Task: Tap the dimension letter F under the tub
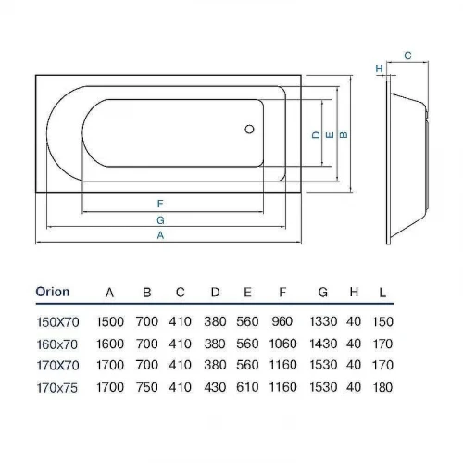click(x=160, y=204)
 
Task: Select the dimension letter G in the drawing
click(x=160, y=220)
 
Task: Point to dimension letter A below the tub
click(x=160, y=235)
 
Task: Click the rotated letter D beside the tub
click(x=316, y=135)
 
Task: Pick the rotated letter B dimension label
click(x=344, y=135)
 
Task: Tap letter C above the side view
click(x=407, y=56)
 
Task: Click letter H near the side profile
click(x=379, y=69)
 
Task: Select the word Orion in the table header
click(x=53, y=292)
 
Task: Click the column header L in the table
click(x=382, y=293)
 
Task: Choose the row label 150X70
click(x=58, y=322)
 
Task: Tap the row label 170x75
click(x=57, y=388)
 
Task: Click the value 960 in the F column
click(x=282, y=321)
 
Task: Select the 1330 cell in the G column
click(x=323, y=321)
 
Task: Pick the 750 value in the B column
click(x=147, y=387)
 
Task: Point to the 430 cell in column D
click(x=215, y=387)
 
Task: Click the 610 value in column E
click(x=247, y=387)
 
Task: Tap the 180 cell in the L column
click(x=382, y=387)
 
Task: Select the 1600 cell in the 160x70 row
click(x=110, y=344)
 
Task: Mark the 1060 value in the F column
click(x=282, y=344)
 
